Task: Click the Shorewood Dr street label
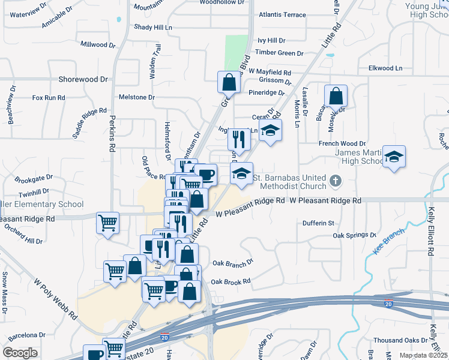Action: point(83,79)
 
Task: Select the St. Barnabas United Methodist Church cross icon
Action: point(336,179)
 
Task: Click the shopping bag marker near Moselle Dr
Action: point(336,95)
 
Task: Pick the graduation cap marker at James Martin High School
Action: point(394,157)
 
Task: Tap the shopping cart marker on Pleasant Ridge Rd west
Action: point(108,223)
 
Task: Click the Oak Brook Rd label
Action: point(230,281)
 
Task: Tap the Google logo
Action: point(20,353)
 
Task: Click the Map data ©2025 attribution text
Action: point(423,355)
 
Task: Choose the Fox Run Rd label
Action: point(49,97)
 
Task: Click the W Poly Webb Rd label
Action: point(56,298)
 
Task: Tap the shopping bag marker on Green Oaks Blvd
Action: point(229,82)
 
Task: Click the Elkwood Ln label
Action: point(385,68)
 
